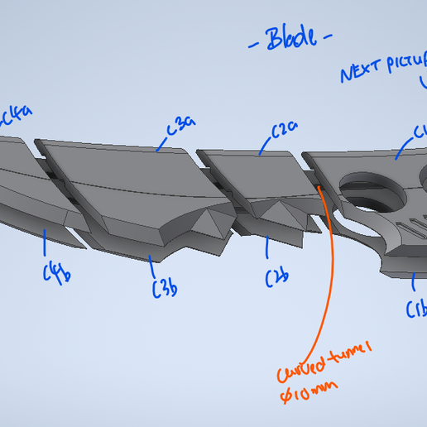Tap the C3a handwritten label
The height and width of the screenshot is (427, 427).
click(180, 126)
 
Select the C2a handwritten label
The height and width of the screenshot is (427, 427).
click(284, 131)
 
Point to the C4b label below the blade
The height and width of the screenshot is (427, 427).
click(56, 271)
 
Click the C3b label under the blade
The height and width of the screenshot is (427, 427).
click(165, 286)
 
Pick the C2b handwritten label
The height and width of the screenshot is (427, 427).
click(276, 278)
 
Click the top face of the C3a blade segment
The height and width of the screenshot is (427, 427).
click(124, 166)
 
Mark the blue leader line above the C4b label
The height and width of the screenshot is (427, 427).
click(44, 242)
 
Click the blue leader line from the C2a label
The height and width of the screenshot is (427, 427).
click(266, 146)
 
